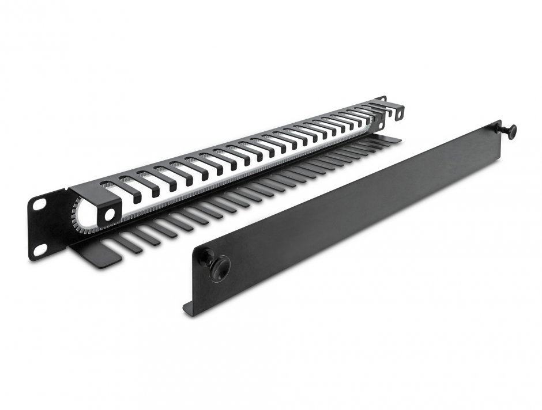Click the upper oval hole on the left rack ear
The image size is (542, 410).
[39, 204]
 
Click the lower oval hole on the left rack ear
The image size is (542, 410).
[40, 249]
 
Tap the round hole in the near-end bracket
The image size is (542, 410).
[110, 215]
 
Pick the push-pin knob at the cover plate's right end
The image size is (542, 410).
[510, 130]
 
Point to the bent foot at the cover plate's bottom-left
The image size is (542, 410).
[191, 309]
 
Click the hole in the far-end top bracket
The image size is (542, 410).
[398, 113]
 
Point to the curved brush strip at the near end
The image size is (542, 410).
[78, 216]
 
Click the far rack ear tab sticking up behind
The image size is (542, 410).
[381, 99]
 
